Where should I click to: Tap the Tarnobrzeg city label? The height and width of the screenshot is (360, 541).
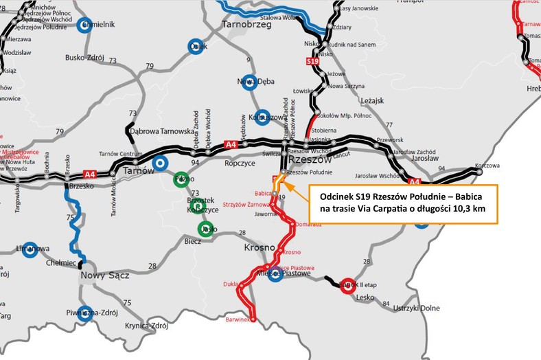pyautogui.click(x=248, y=25)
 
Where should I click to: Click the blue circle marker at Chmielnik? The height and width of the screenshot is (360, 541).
pyautogui.click(x=84, y=25)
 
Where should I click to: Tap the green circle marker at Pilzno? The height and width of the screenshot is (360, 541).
pyautogui.click(x=181, y=178)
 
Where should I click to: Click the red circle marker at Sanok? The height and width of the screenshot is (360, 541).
pyautogui.click(x=347, y=284)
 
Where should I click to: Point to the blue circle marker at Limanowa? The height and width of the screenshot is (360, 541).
pyautogui.click(x=29, y=249)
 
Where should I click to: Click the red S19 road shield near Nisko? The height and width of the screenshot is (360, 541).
pyautogui.click(x=312, y=61)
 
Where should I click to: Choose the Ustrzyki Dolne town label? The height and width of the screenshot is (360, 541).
pyautogui.click(x=415, y=308)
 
